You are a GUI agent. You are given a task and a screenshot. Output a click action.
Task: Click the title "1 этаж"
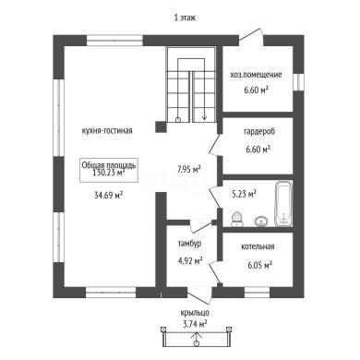(185, 18)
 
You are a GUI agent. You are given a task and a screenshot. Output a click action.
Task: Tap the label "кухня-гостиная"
(107, 131)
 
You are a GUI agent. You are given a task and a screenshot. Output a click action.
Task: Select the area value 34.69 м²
(109, 195)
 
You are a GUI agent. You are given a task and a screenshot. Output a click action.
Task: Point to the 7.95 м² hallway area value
(189, 169)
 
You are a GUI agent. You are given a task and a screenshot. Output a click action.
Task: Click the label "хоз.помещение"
(256, 75)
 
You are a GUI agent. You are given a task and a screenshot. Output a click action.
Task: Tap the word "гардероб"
(259, 132)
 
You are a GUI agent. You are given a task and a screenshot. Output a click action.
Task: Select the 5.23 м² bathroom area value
(244, 194)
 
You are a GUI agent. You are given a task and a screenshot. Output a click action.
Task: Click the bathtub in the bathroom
(283, 204)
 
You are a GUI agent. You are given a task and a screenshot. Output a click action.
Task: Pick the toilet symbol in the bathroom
(237, 219)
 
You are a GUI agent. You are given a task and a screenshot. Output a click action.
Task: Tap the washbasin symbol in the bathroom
(261, 221)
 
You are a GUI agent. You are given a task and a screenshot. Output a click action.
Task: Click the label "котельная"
(258, 246)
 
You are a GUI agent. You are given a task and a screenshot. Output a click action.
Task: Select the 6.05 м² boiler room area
(260, 265)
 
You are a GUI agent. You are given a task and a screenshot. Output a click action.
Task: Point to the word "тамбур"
(189, 244)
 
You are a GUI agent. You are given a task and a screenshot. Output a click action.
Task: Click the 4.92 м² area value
(190, 261)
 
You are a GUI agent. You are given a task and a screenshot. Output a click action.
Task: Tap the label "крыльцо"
(195, 313)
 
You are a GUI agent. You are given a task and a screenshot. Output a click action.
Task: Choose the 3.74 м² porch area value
(194, 324)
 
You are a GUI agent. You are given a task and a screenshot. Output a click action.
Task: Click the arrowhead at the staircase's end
(204, 117)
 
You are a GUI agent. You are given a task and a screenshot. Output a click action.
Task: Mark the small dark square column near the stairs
(161, 127)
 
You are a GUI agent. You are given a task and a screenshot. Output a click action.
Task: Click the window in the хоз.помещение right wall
(298, 82)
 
